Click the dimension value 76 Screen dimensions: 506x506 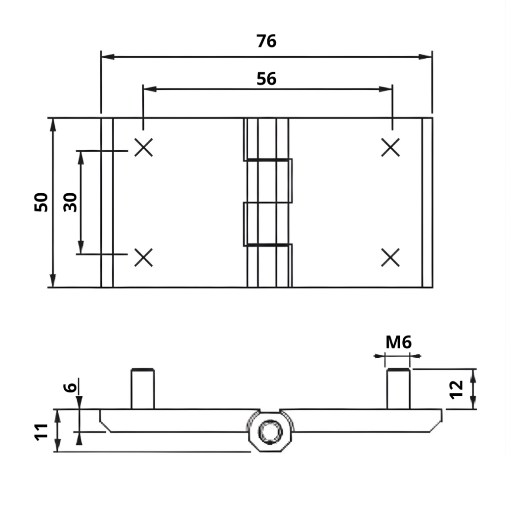266,42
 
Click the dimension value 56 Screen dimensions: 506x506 266,79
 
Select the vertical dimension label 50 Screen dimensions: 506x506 42,202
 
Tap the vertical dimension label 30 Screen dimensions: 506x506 71,202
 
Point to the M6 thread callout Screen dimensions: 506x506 398,341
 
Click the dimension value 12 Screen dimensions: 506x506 458,388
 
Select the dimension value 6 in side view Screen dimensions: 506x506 71,386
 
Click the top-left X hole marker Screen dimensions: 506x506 144,147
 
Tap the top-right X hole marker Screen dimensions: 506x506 390,147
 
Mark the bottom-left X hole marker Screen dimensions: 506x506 144,257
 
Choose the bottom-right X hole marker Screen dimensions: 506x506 390,257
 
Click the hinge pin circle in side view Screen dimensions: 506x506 270,430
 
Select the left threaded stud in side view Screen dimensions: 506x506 143,389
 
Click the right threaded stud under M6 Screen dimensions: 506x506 398,389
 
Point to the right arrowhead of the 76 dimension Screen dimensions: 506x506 426,56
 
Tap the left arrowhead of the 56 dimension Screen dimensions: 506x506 149,89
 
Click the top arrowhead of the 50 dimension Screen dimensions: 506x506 53,124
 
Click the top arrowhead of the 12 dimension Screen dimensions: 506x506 473,375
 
